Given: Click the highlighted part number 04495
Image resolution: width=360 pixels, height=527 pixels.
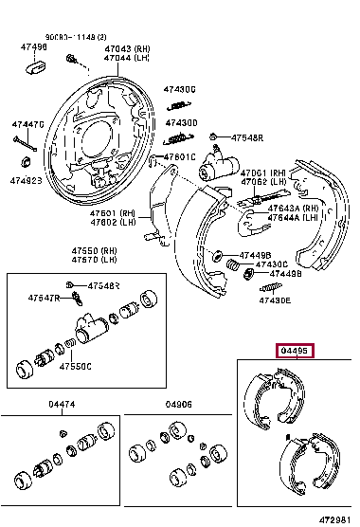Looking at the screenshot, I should point(295,352).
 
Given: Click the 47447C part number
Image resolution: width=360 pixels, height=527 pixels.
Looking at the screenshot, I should point(27,124).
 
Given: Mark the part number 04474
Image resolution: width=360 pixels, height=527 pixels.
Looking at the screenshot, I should point(63,405).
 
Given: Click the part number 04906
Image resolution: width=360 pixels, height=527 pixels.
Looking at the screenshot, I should point(178,405).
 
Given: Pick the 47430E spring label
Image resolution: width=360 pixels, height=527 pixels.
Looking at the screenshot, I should point(276,300).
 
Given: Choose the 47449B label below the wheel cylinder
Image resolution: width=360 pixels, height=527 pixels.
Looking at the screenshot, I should point(256,256).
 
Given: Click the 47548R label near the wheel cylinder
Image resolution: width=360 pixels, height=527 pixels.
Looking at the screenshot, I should point(243,138).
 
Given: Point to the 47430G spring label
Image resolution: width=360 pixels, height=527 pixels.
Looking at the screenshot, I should point(180,89).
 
